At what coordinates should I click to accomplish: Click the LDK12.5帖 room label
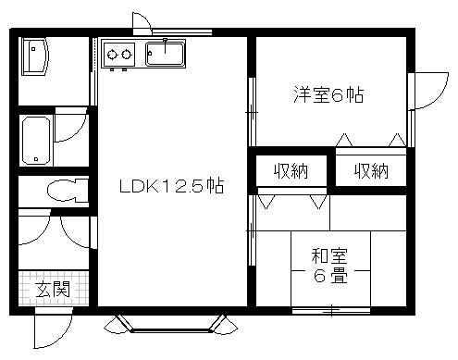pyautogui.click(x=171, y=186)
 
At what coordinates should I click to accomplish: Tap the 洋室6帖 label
pyautogui.click(x=328, y=94)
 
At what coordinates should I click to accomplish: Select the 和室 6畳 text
pyautogui.click(x=329, y=266)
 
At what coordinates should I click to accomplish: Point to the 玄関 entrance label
pyautogui.click(x=53, y=289)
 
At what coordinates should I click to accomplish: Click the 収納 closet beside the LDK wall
pyautogui.click(x=291, y=171)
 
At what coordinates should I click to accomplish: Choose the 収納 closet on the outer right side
pyautogui.click(x=371, y=171)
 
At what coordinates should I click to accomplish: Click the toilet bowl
pyautogui.click(x=68, y=190)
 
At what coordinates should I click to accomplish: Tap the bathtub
pyautogui.click(x=36, y=141)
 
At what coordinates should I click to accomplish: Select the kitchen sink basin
pyautogui.click(x=166, y=54)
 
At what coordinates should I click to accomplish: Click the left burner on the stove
pyautogui.click(x=112, y=55)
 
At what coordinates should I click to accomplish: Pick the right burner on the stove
pyautogui.click(x=127, y=55)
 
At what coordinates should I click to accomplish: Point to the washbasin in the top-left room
pyautogui.click(x=35, y=56)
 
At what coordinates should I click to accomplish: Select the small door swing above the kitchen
pyautogui.click(x=142, y=22)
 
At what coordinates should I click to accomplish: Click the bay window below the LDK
pyautogui.click(x=170, y=325)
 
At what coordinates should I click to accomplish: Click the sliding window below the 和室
pyautogui.click(x=331, y=310)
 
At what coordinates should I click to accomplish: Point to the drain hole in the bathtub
pyautogui.click(x=36, y=159)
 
